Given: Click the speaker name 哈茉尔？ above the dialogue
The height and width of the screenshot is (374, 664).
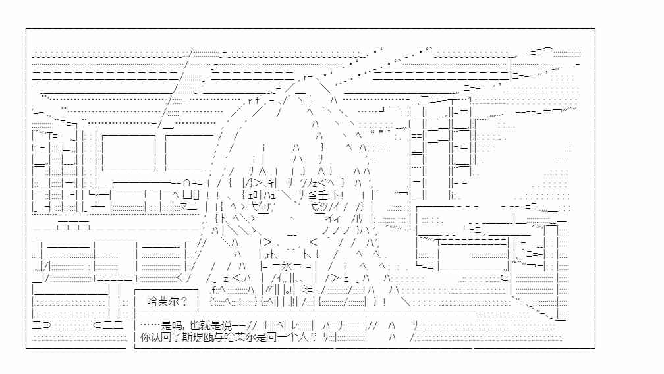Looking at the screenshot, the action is click(x=167, y=301).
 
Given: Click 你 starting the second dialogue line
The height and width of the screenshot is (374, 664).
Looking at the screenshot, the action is click(x=145, y=337).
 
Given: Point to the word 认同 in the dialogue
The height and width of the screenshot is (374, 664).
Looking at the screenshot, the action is click(x=160, y=337).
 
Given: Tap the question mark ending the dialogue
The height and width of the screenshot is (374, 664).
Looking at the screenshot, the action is click(x=313, y=337).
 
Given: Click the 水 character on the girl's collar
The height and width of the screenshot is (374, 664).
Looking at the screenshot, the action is click(x=287, y=266).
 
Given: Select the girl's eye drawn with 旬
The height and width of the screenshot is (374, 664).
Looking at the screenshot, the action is click(x=263, y=207).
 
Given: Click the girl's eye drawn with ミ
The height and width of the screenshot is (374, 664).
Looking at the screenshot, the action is click(x=323, y=207).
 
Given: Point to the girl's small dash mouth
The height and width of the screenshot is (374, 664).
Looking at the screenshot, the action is click(x=292, y=235).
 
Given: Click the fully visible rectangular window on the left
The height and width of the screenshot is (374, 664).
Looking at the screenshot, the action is click(x=128, y=153).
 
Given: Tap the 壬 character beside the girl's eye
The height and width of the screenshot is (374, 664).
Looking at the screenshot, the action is click(x=323, y=195).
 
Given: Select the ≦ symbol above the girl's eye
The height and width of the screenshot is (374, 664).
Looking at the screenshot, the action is click(x=312, y=195).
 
